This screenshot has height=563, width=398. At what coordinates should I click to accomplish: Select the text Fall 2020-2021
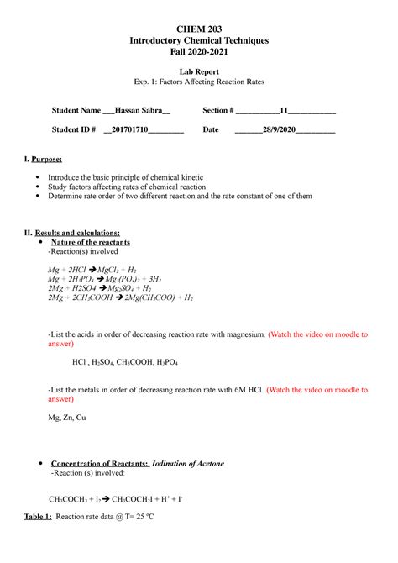tap(199, 53)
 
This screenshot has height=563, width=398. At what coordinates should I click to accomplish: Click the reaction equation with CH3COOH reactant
tap(121, 297)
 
